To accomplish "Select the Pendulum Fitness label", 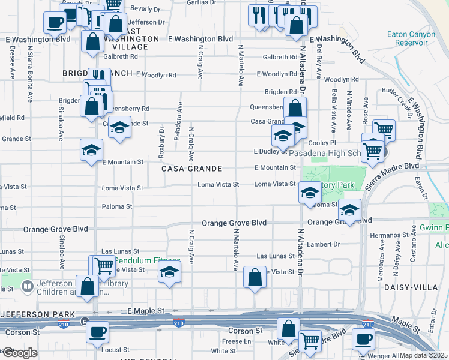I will coord(148,261).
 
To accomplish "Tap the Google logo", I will coord(19,353).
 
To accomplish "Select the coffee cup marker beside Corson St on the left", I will coord(97,332).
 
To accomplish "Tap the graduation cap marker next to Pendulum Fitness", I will coord(170,273).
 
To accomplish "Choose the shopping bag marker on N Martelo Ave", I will coord(255,277).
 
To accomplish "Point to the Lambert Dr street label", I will coord(324,244).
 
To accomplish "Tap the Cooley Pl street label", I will coord(322,143).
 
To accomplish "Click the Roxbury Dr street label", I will coord(161,143).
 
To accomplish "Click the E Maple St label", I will coord(146,311).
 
